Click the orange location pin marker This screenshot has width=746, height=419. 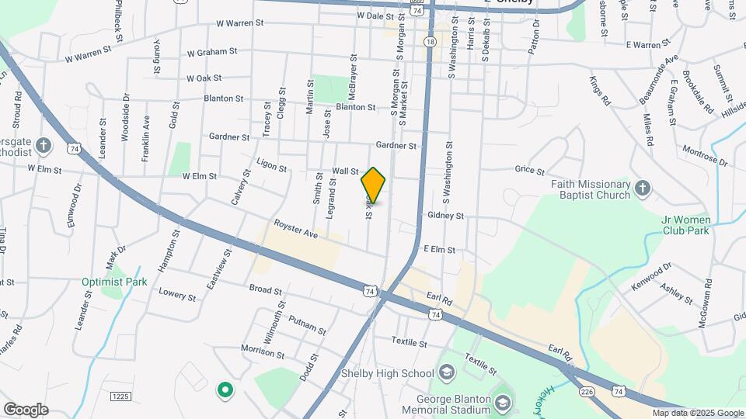point(374,185)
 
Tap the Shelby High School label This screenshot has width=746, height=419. point(388,374)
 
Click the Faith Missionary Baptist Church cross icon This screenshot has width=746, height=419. point(642,187)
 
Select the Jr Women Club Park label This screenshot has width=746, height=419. point(686,224)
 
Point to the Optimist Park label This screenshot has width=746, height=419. point(114,282)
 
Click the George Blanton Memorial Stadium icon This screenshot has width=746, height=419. point(503,402)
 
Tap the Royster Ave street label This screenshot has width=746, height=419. point(296,228)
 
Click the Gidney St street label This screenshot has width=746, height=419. point(445,216)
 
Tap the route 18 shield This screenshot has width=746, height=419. point(430,42)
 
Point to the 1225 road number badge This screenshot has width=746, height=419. point(120,396)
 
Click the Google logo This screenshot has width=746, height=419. point(26,410)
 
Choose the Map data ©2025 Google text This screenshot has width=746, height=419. point(697,413)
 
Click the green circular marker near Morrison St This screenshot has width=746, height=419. point(225,389)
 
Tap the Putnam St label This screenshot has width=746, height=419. point(307,324)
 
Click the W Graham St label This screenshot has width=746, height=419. point(211,53)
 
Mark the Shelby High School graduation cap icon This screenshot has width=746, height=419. point(447,374)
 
